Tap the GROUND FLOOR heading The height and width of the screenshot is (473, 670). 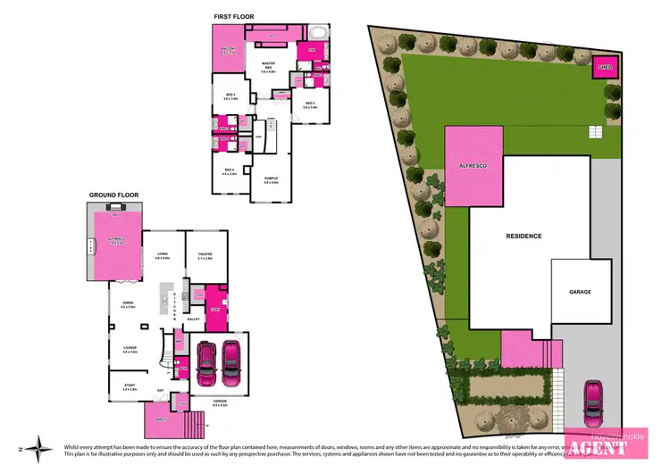click(x=114, y=194)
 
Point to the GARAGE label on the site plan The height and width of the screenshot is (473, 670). click(x=581, y=292)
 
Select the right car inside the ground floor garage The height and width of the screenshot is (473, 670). click(x=232, y=361)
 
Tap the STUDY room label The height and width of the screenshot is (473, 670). click(x=130, y=387)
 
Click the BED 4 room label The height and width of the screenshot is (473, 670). click(x=230, y=171)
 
